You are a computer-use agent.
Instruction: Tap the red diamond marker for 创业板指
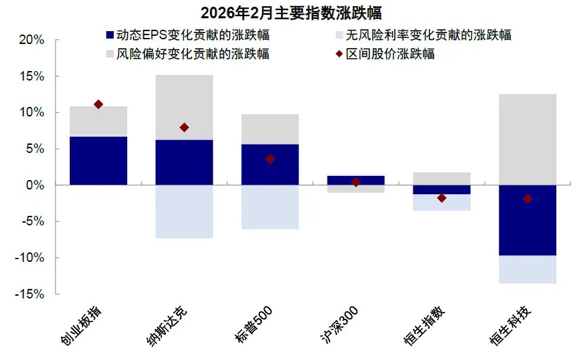point(98,104)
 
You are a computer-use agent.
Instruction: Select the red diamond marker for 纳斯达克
point(184,127)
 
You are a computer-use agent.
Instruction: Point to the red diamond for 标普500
point(270,159)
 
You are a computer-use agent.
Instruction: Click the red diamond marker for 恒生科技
point(527,198)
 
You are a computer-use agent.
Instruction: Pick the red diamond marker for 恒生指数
point(441,198)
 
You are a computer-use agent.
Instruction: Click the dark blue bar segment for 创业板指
point(98,160)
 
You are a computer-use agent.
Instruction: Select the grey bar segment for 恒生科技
point(527,139)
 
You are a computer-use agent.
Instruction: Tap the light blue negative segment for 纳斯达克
point(184,211)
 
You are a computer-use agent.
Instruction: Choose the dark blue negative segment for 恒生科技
point(527,220)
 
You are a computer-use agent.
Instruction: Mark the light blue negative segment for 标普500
point(270,207)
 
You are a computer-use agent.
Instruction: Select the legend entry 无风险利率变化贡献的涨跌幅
point(420,35)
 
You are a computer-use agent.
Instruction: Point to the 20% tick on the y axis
point(31,40)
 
